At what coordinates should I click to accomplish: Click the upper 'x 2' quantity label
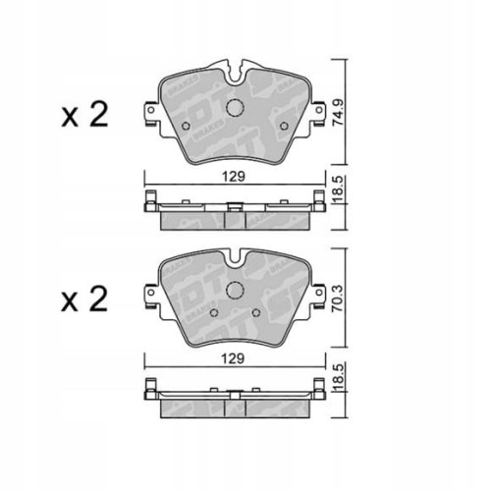click(x=83, y=117)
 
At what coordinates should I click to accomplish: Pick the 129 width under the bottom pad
click(x=232, y=360)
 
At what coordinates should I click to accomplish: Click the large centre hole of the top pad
click(x=234, y=109)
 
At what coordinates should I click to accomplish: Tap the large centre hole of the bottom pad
click(x=234, y=291)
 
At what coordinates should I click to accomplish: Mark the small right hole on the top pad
click(x=283, y=126)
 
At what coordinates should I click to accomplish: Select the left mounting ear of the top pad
click(x=150, y=117)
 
